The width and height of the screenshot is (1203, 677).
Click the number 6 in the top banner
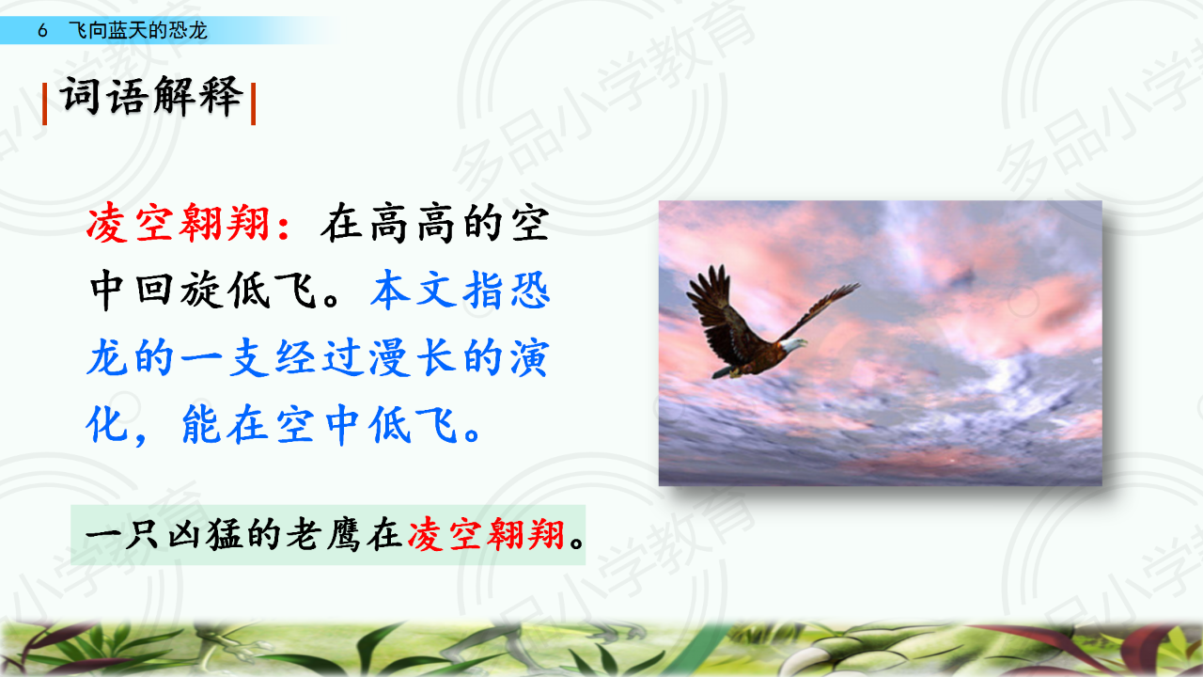[43, 31]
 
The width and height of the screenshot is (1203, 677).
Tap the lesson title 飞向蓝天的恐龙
[138, 30]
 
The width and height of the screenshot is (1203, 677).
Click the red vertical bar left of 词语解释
[44, 104]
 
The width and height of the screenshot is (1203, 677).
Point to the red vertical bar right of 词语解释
[254, 104]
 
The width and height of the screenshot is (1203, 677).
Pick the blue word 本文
[414, 291]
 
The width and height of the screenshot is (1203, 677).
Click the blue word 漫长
[414, 357]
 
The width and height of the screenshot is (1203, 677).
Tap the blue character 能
[202, 424]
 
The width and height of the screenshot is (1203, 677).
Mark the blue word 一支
[226, 357]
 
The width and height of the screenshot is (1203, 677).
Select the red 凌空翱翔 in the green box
[486, 535]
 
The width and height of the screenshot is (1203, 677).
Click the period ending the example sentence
[577, 542]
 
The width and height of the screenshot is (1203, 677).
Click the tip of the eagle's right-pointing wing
[858, 285]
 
